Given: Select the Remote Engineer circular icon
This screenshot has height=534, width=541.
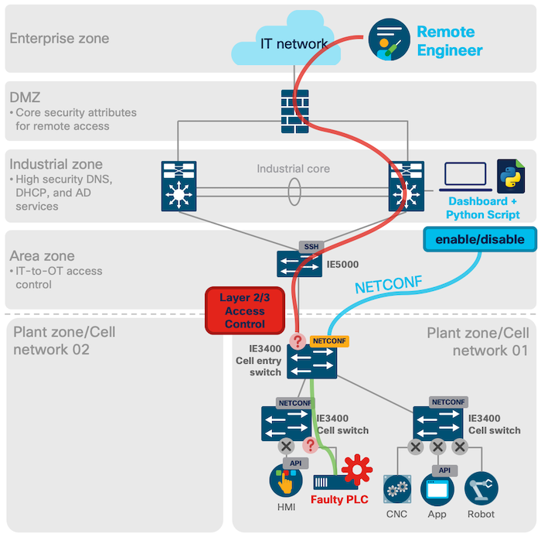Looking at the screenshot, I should click(389, 39).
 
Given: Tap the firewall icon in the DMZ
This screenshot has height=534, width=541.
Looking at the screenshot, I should click(294, 108).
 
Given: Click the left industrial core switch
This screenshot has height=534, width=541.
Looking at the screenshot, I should click(179, 186).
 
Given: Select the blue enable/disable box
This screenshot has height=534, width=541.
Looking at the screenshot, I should click(479, 239).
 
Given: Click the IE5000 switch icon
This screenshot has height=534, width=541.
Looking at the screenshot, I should click(299, 263).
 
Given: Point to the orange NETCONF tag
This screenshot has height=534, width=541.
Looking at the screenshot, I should click(329, 341).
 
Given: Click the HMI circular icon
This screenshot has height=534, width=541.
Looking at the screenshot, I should click(285, 482).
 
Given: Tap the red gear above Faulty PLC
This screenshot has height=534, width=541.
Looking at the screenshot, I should click(357, 471).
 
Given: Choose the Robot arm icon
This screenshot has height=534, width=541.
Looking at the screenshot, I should click(481, 488).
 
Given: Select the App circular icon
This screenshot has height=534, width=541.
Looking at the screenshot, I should click(437, 488).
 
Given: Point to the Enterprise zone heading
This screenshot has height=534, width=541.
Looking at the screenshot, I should click(59, 38).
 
